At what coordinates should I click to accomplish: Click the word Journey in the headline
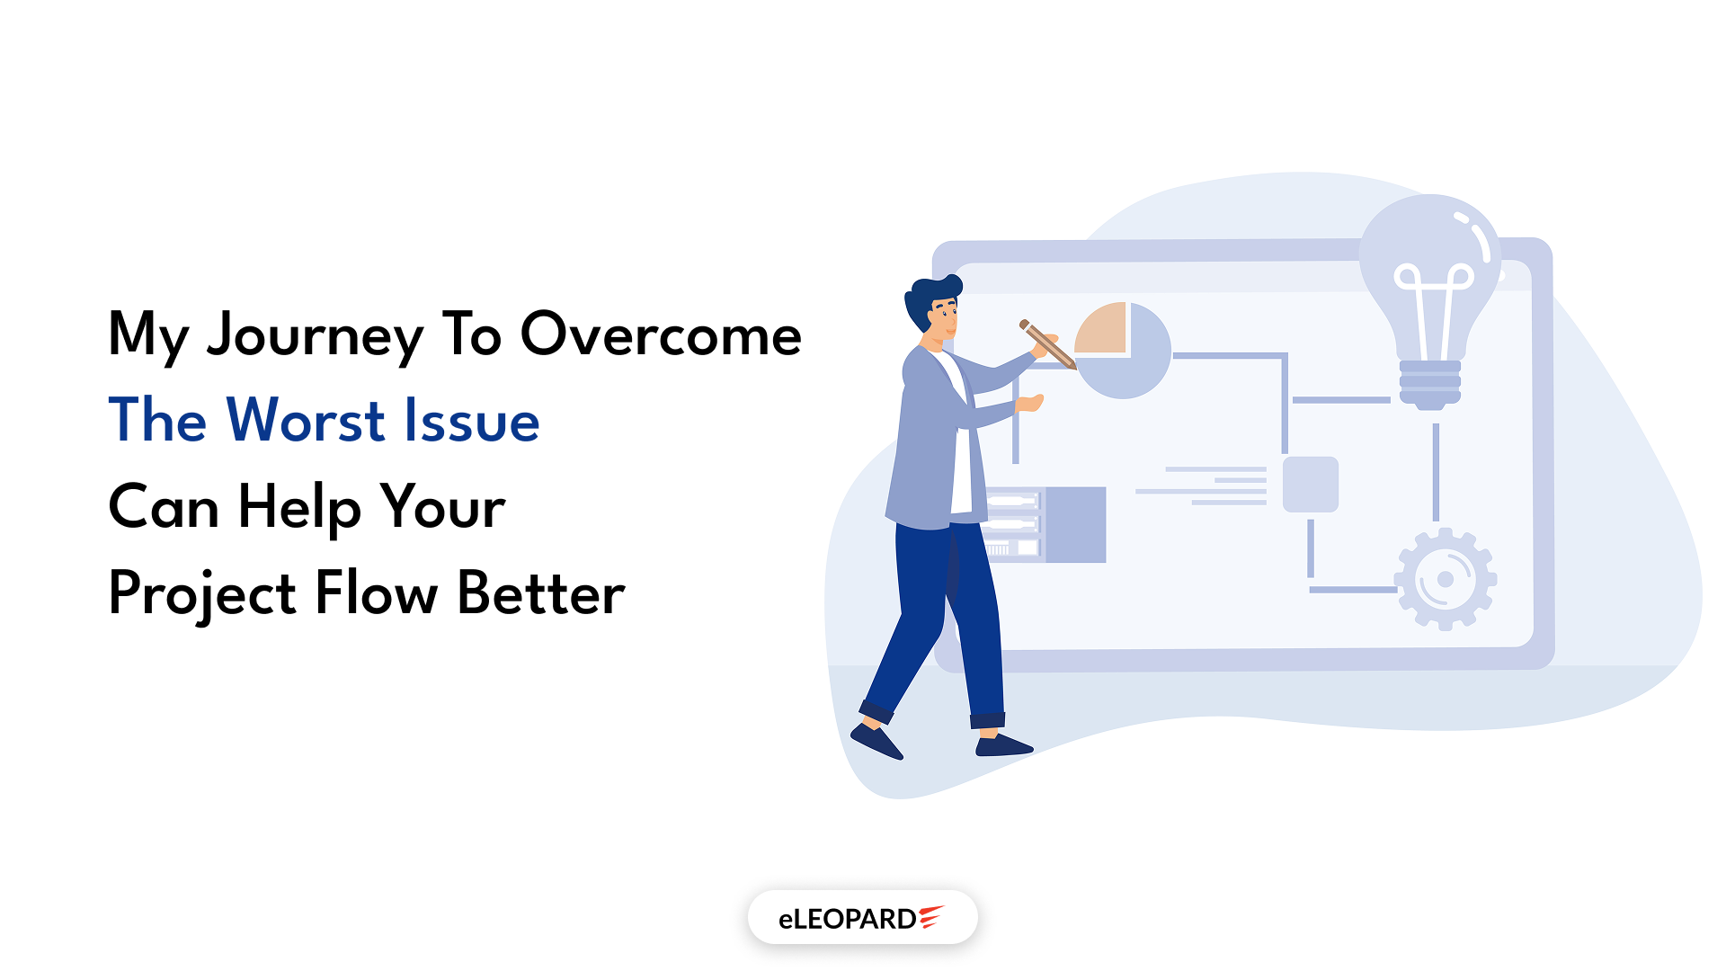314,335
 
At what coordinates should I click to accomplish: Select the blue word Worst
306,420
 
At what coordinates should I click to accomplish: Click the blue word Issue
471,420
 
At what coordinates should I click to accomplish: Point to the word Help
299,507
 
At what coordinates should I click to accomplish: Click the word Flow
376,593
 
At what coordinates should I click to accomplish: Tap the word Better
540,593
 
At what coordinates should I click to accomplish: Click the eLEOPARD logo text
847,919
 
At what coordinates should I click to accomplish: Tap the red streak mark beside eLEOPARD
930,916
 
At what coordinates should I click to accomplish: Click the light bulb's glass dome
1429,270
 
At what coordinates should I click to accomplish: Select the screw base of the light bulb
1429,382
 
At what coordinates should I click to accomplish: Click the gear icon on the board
1445,579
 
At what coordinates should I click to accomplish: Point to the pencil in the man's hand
1047,343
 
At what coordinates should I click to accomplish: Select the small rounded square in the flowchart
1310,485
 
